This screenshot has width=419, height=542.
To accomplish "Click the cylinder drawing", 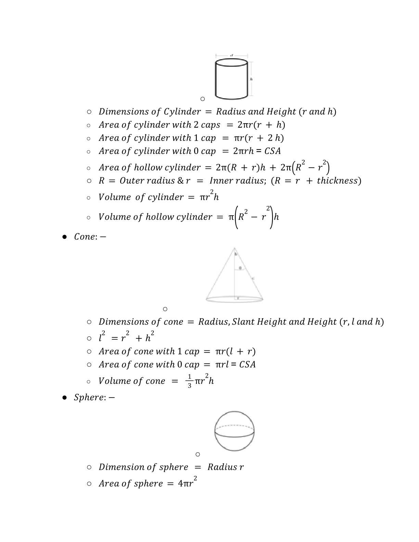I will tap(231, 79).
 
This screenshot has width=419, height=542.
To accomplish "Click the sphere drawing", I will tap(234, 431).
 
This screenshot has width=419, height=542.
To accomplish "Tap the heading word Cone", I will tap(84, 237).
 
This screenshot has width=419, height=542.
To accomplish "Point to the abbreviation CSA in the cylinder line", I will tap(272, 151).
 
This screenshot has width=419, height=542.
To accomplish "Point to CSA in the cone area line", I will tap(247, 364).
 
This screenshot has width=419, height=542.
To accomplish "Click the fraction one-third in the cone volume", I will tap(190, 381).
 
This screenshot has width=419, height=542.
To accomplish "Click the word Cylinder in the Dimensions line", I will tap(182, 112).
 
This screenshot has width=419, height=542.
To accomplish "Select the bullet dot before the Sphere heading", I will tap(64, 398).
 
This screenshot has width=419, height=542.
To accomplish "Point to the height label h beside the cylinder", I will tap(251, 79).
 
